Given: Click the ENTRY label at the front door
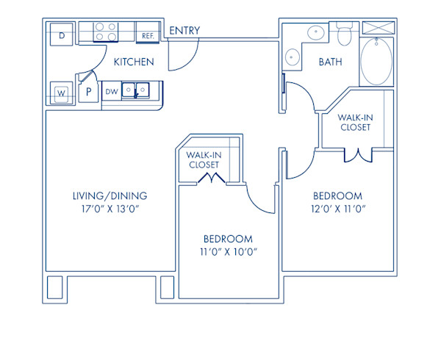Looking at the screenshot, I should click(x=184, y=31).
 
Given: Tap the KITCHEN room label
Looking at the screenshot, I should click(x=134, y=62).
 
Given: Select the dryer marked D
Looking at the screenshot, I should click(x=62, y=35).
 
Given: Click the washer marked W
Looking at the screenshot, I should click(x=62, y=93).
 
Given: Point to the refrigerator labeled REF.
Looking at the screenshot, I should click(x=147, y=35).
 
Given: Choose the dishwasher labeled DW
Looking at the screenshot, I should click(x=111, y=92).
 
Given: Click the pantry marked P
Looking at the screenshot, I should click(x=88, y=92).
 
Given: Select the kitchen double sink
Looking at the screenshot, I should click(x=137, y=90).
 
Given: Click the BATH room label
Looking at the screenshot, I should click(x=330, y=62).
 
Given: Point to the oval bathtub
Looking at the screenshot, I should click(x=376, y=62).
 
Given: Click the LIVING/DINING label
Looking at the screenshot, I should click(x=110, y=196).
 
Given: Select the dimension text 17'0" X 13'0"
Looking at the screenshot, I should click(x=110, y=209).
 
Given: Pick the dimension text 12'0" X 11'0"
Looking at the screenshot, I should click(x=337, y=209).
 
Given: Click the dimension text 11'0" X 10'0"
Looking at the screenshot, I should click(x=228, y=252).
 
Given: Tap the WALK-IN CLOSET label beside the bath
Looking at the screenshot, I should click(x=354, y=122).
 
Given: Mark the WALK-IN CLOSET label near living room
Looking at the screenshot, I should click(x=203, y=159).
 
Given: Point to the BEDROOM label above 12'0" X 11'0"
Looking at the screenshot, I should click(x=337, y=196).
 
